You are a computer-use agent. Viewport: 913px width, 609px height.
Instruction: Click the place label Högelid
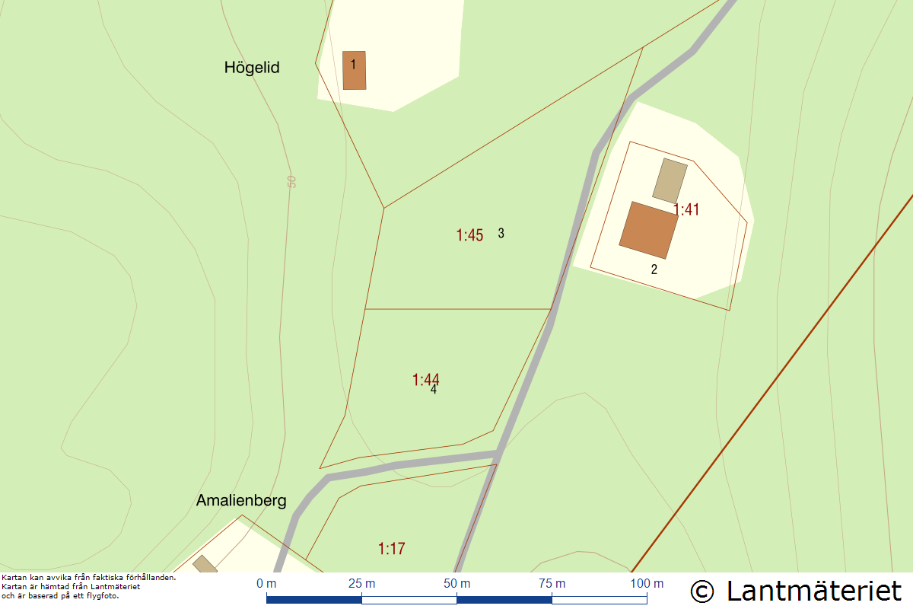pos(252,68)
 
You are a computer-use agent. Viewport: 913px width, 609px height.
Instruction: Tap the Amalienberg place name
pos(241,501)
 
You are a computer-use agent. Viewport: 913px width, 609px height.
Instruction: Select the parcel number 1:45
pos(469,235)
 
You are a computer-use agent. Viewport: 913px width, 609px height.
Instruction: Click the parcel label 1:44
pos(425,379)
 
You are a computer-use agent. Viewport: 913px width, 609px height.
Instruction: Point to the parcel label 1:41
pos(686,209)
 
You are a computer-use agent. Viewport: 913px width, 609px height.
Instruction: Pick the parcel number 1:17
pos(391,548)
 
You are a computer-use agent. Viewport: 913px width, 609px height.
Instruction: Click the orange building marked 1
pos(354,70)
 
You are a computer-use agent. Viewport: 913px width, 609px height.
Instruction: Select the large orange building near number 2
pos(648,230)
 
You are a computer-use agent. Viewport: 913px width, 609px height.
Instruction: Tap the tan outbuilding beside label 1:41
pos(670,180)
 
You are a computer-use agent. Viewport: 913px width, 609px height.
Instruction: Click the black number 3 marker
pos(501,233)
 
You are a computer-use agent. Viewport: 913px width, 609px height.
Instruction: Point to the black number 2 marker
pos(654,269)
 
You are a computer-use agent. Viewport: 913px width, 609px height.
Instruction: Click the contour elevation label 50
pos(291,181)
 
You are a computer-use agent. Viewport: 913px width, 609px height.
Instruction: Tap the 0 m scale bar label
pos(266,584)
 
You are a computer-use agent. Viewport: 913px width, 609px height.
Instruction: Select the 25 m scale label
pos(361,584)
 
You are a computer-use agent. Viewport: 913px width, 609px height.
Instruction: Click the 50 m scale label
pos(456,584)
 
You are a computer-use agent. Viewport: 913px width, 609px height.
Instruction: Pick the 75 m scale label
pos(552,584)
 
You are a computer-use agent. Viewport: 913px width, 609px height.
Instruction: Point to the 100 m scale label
pos(647,584)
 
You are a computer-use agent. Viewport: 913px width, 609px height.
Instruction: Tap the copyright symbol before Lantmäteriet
pos(703,591)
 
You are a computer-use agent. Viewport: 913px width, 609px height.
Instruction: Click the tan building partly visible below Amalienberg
pos(205,565)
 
